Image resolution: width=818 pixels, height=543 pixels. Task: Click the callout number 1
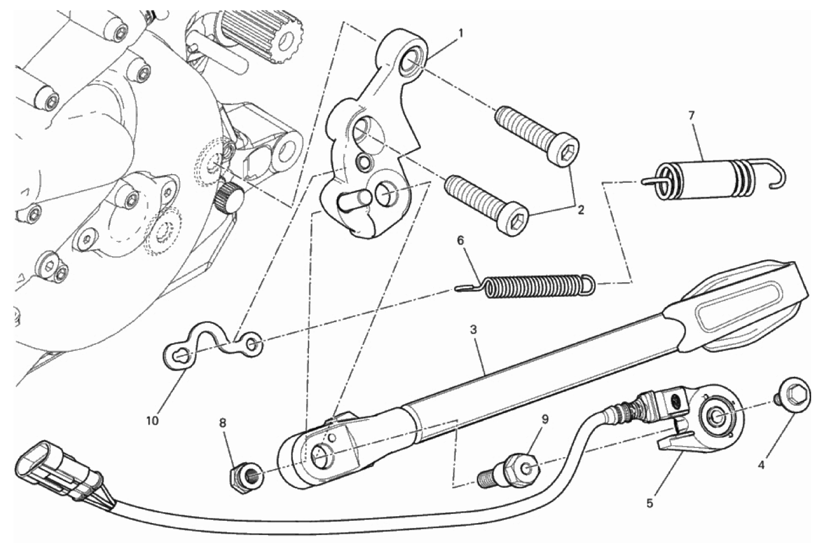pos(461,34)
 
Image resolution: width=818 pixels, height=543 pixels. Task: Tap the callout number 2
pos(581,210)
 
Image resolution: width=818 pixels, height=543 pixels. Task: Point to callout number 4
pos(761,466)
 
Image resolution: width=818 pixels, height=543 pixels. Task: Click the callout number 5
pos(650,504)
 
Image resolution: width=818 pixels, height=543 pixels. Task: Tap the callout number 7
pos(691,116)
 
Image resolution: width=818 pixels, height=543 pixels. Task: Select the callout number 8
pos(222,423)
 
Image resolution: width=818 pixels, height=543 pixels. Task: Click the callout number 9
pos(545,419)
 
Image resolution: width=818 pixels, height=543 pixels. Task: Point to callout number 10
pos(152,421)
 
